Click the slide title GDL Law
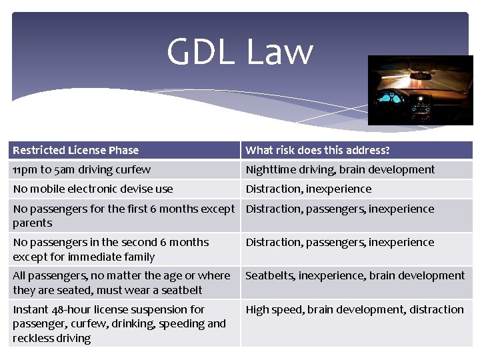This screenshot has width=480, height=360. pyautogui.click(x=239, y=52)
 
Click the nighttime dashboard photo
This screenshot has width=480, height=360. pyautogui.click(x=420, y=90)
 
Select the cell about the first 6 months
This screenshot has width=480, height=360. pyautogui.click(x=124, y=215)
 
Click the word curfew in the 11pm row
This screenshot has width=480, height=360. pyautogui.click(x=133, y=169)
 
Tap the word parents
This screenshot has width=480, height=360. pyautogui.click(x=32, y=223)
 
